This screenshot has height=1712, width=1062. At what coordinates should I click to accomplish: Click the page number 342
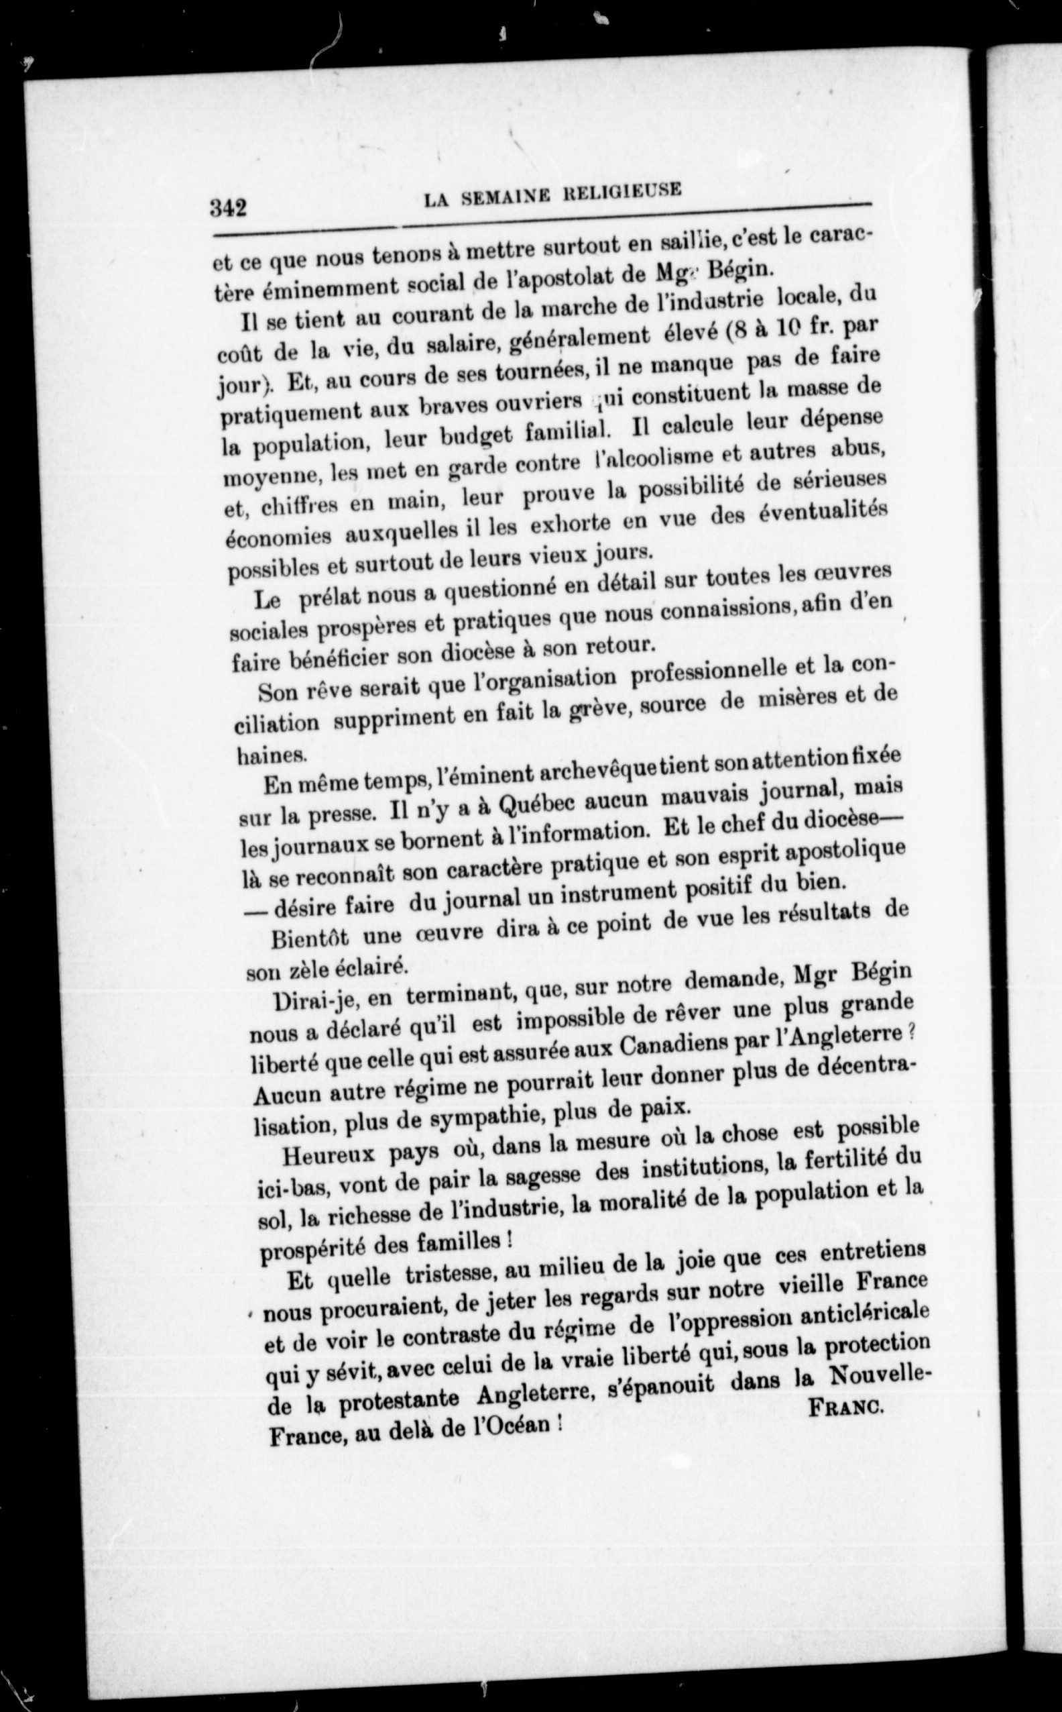pyautogui.click(x=230, y=208)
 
